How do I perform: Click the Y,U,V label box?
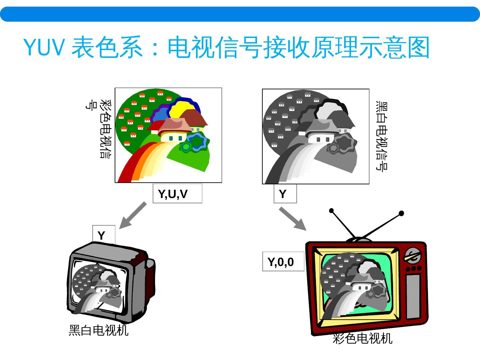pyautogui.click(x=177, y=194)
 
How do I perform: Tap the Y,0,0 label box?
pyautogui.click(x=283, y=262)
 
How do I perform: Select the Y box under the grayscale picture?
pyautogui.click(x=285, y=194)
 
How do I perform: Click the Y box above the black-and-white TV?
pyautogui.click(x=104, y=235)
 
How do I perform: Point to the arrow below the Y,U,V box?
pyautogui.click(x=133, y=215)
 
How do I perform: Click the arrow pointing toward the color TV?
pyautogui.click(x=292, y=218)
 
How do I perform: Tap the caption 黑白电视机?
pyautogui.click(x=98, y=330)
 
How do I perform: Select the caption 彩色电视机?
pyautogui.click(x=362, y=339)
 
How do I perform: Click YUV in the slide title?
pyautogui.click(x=44, y=48)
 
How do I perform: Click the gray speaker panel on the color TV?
pyautogui.click(x=413, y=297)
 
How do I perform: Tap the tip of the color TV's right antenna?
pyautogui.click(x=401, y=213)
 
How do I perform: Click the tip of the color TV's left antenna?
pyautogui.click(x=331, y=211)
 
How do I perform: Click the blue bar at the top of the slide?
pyautogui.click(x=240, y=14)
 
